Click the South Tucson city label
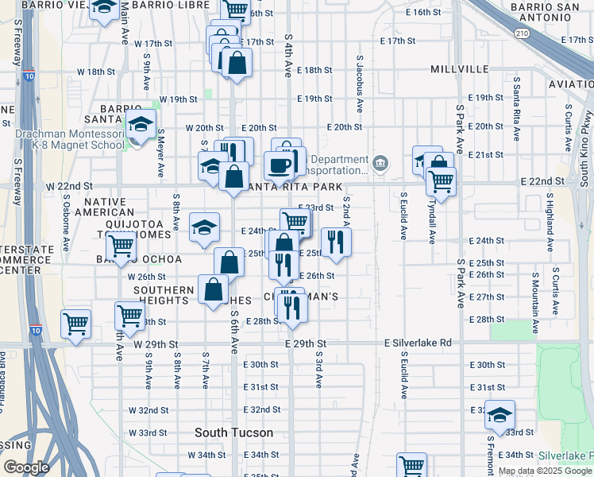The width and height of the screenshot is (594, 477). tap(234, 433)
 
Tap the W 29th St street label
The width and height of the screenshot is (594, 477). tap(156, 343)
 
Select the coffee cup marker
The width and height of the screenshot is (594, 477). tap(279, 165)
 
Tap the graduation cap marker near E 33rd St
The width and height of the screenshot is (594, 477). tap(499, 415)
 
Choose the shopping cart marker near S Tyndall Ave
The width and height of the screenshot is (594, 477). tap(441, 180)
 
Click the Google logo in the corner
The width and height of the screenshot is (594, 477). tap(26, 467)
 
